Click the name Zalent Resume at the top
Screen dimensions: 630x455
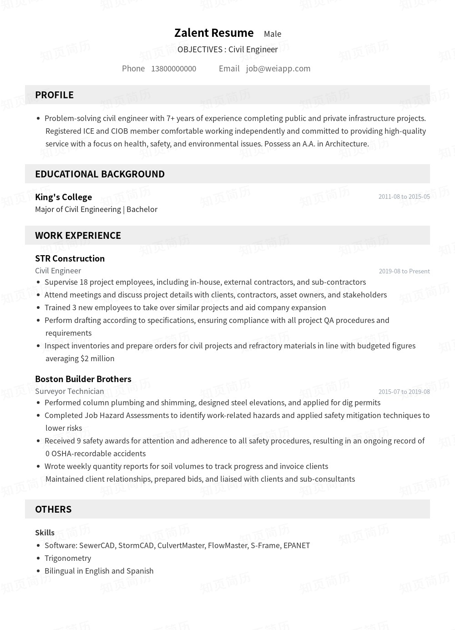pyautogui.click(x=214, y=33)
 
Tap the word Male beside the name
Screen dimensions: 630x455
pyautogui.click(x=273, y=34)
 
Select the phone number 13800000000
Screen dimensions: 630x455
pyautogui.click(x=173, y=69)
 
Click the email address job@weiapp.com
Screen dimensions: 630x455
pyautogui.click(x=278, y=69)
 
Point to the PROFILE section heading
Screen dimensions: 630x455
pyautogui.click(x=54, y=95)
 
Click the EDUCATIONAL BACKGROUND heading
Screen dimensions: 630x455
pyautogui.click(x=100, y=174)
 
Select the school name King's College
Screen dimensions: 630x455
pyautogui.click(x=63, y=197)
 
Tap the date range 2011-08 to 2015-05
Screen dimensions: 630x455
pyautogui.click(x=404, y=197)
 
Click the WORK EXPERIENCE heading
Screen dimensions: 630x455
pyautogui.click(x=78, y=236)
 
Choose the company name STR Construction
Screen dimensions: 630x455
pyautogui.click(x=70, y=258)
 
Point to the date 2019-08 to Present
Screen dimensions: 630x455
pyautogui.click(x=404, y=271)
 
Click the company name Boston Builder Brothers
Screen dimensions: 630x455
pyautogui.click(x=83, y=379)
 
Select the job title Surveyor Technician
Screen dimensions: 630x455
pyautogui.click(x=69, y=391)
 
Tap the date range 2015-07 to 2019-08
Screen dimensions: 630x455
pyautogui.click(x=404, y=392)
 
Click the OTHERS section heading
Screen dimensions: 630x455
pyautogui.click(x=53, y=509)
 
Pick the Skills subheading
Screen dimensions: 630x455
pyautogui.click(x=45, y=533)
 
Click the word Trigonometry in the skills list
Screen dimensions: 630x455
pyautogui.click(x=68, y=558)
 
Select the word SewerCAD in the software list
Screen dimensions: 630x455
pyautogui.click(x=97, y=545)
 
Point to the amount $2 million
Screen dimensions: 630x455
pyautogui.click(x=97, y=358)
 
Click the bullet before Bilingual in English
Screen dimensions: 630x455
pyautogui.click(x=38, y=571)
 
